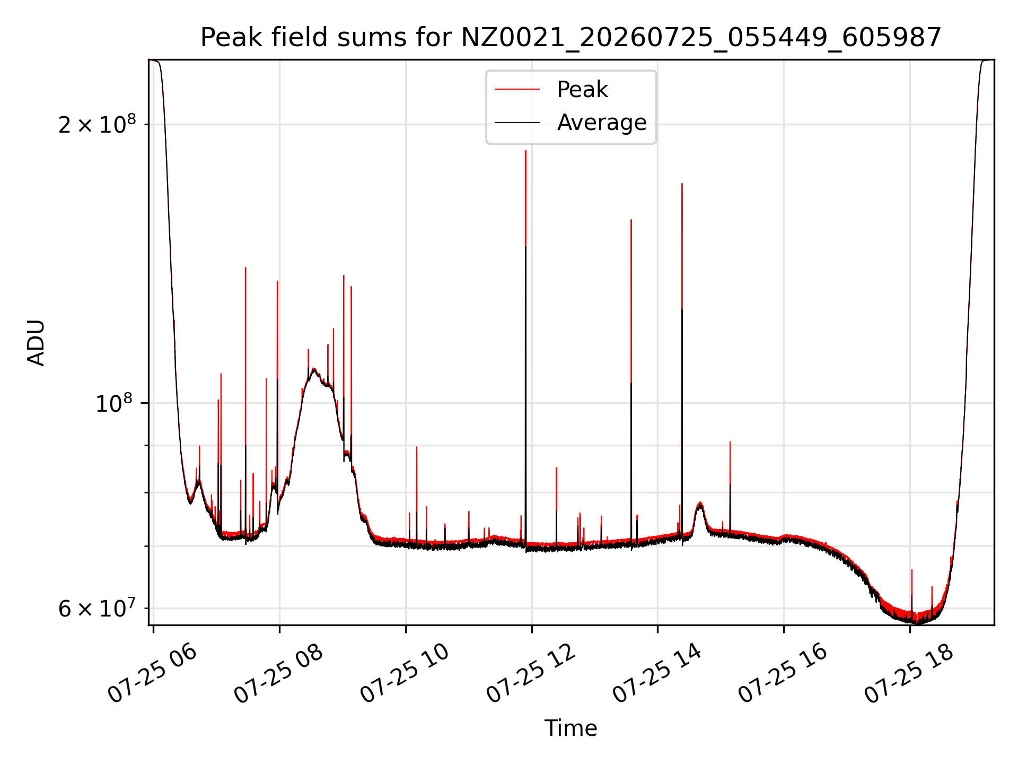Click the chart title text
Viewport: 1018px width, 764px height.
[571, 38]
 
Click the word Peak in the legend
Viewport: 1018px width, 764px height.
[582, 90]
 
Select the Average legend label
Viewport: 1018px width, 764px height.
[602, 123]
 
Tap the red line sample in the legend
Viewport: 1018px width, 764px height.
[517, 90]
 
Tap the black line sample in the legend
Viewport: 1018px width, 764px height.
[517, 123]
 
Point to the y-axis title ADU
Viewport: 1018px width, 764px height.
[36, 343]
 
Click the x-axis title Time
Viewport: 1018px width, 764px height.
[571, 728]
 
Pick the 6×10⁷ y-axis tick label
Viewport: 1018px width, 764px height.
[97, 608]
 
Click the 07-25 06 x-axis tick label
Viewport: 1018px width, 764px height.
[153, 674]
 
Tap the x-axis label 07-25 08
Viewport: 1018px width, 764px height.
[279, 674]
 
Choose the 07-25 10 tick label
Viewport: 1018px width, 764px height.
[405, 674]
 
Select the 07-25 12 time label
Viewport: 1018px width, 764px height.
[531, 674]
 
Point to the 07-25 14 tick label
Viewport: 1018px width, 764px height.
[657, 674]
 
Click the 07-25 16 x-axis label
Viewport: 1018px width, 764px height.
[784, 674]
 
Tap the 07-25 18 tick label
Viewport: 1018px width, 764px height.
[910, 674]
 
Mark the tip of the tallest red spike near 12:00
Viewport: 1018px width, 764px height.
[525, 151]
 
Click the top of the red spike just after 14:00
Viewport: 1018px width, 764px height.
[682, 184]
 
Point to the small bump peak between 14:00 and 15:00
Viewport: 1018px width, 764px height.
[700, 502]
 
